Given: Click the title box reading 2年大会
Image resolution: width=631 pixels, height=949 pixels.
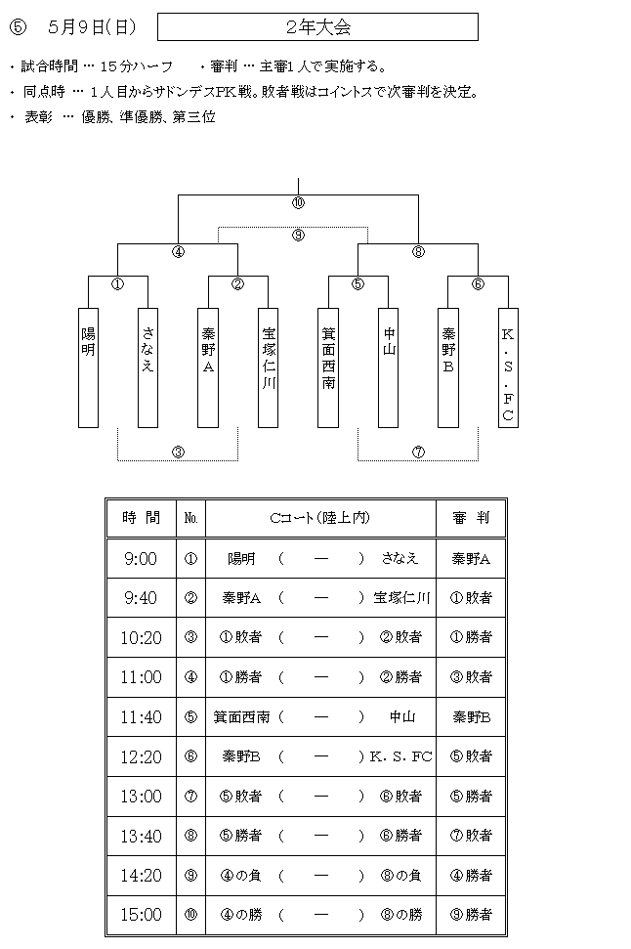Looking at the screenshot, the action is tap(317, 27).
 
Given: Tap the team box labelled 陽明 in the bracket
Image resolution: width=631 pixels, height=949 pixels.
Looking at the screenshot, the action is tap(88, 368).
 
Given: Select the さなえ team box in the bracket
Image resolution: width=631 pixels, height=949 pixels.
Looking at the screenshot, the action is tap(148, 368).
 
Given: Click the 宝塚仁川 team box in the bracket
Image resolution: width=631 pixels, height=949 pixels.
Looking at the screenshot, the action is tap(268, 368).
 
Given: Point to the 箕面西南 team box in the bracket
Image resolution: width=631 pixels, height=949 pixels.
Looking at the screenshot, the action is tap(328, 368).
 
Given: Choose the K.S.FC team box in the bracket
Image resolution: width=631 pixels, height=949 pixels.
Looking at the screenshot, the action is tap(508, 368).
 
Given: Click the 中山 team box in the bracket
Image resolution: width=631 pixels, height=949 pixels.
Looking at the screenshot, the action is tap(389, 368).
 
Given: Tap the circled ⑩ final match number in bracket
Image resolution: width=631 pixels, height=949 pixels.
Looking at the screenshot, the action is tap(298, 203).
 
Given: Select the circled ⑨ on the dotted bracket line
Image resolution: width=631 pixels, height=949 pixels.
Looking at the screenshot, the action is tap(298, 235).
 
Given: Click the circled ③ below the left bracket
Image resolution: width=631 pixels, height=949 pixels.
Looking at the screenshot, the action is tap(178, 452).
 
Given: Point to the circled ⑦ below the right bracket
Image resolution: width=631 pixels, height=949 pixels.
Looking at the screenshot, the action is tap(419, 452).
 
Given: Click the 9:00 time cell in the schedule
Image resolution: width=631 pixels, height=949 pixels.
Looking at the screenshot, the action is tap(141, 558).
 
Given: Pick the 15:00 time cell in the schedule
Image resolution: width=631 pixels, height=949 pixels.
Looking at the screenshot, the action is tap(141, 915).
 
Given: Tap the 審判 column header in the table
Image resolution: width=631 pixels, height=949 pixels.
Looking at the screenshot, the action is tap(471, 518).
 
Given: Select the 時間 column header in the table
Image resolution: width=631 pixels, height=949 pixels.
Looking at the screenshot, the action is tap(141, 518).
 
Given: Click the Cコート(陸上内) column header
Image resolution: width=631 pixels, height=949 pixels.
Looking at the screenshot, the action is tap(320, 518).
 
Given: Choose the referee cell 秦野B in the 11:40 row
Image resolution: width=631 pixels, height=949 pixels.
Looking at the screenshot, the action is tap(471, 717).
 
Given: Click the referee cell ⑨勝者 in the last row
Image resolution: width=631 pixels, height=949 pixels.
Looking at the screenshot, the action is tap(471, 915).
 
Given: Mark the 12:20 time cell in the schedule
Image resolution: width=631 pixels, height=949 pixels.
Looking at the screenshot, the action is tap(141, 756).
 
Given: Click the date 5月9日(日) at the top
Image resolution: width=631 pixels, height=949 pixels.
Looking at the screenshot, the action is tap(92, 27).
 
